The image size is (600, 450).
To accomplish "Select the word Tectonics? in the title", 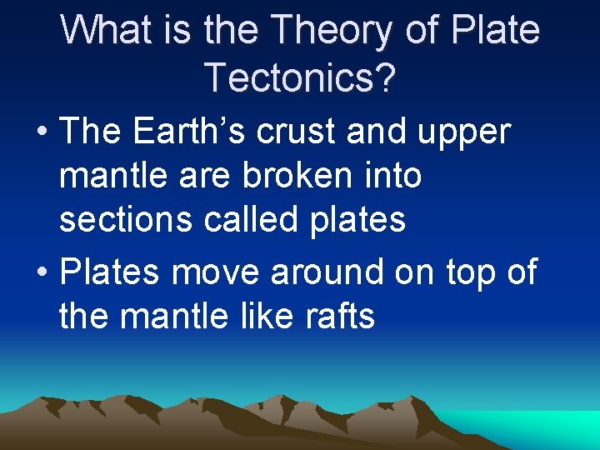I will (x=300, y=77).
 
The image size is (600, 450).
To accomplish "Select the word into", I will (x=392, y=176).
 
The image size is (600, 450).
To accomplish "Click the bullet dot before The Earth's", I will (x=39, y=132).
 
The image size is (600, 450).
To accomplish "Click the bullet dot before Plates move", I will (x=39, y=272).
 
